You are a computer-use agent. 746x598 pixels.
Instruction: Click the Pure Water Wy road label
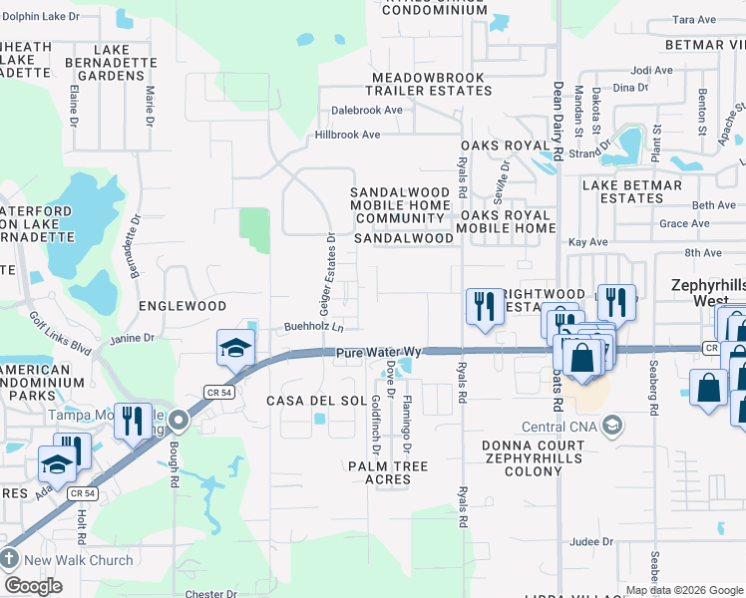pyautogui.click(x=380, y=354)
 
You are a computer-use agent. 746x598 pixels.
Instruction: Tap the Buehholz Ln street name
pyautogui.click(x=314, y=327)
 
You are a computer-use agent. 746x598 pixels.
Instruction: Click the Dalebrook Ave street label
pyautogui.click(x=367, y=111)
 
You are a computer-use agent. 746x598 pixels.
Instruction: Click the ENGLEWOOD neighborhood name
pyautogui.click(x=183, y=306)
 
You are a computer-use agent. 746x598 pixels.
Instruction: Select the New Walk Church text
pyautogui.click(x=79, y=560)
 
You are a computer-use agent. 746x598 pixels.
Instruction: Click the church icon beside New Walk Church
pyautogui.click(x=10, y=559)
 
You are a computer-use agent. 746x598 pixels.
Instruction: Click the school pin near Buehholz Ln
pyautogui.click(x=235, y=349)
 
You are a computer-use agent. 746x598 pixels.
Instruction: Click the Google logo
pyautogui.click(x=33, y=586)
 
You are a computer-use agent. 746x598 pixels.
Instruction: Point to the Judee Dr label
pyautogui.click(x=591, y=542)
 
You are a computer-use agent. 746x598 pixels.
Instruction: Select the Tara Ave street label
pyautogui.click(x=695, y=20)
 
